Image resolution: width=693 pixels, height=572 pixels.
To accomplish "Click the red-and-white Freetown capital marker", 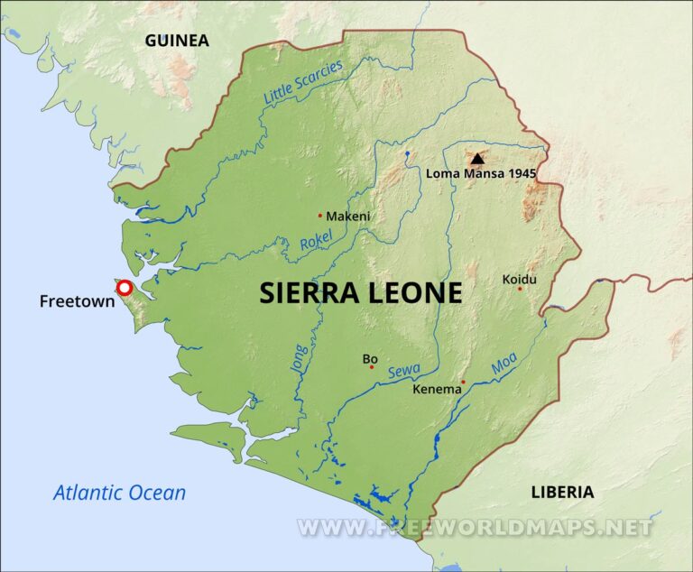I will click(125, 289).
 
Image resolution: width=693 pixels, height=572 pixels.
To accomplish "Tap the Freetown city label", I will click(77, 301).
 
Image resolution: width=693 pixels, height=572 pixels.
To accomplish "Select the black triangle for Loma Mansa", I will click(477, 158).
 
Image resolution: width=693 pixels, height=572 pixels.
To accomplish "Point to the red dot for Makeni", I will click(319, 215).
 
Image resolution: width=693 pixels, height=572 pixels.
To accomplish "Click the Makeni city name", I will click(348, 217).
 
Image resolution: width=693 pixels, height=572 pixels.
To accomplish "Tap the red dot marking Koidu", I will click(520, 289).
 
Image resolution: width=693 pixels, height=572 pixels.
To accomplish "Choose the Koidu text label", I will click(519, 279).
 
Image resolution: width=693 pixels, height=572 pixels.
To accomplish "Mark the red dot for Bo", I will click(371, 367).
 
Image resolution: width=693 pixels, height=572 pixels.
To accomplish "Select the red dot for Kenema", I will click(463, 382).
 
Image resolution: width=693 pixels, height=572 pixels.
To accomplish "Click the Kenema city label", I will click(436, 391).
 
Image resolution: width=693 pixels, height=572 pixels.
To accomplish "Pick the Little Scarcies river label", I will click(303, 82).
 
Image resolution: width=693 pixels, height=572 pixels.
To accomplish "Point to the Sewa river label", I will click(404, 370).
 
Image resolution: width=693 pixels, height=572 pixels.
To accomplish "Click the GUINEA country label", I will click(177, 41).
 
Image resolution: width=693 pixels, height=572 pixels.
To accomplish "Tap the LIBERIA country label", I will click(562, 492).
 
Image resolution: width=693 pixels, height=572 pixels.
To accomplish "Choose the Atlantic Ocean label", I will click(119, 493).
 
